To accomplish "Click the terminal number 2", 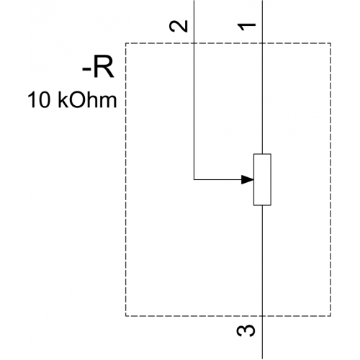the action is pos(179,27).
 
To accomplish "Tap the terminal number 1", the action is pos(247,27).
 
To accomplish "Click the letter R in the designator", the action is pos(104,67).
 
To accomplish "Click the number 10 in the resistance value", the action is pos(38,99).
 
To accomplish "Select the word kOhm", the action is pos(87,99).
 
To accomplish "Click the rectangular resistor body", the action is pos(262,179).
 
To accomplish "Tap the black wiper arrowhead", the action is pos(248,179).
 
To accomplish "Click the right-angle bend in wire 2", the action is pos(194,179).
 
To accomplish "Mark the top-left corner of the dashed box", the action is pos(126,43).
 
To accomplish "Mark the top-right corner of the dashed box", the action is pos(330,43).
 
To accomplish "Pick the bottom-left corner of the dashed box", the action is pos(126,316).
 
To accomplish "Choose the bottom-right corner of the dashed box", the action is pos(330,316).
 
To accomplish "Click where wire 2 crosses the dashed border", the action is pos(194,43).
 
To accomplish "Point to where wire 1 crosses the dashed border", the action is pos(262,43).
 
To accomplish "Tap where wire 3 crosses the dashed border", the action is pos(262,316).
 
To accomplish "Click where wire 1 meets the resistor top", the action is pos(262,154).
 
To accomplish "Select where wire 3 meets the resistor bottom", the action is pos(262,205).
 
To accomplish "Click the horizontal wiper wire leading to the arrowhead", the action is pos(217,179).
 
